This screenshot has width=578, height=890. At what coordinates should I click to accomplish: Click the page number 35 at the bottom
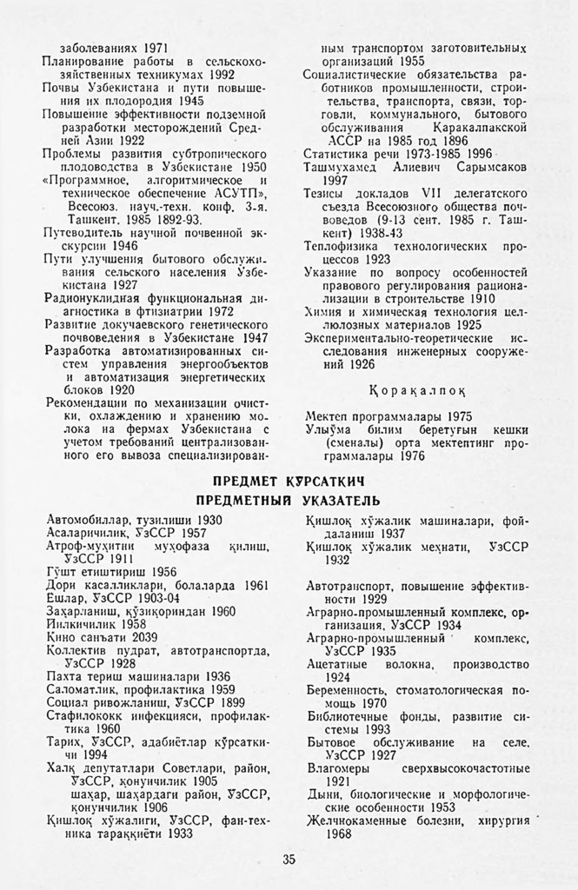pyautogui.click(x=289, y=860)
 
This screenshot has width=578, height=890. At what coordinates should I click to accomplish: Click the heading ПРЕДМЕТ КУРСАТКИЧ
pyautogui.click(x=287, y=481)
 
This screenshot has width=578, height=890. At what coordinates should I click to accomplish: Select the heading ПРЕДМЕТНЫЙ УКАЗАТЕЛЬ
pyautogui.click(x=288, y=500)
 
